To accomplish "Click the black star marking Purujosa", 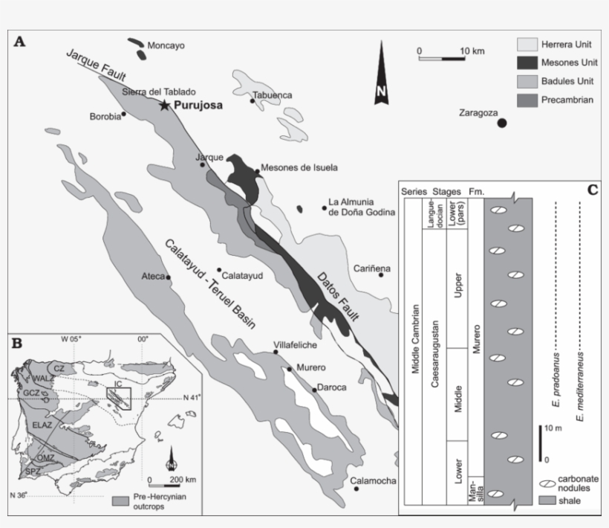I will (x=164, y=106).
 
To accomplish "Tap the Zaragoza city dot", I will (x=502, y=123).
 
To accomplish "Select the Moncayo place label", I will (x=166, y=45).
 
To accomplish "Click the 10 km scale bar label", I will (x=472, y=51).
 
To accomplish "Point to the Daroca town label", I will (x=331, y=387).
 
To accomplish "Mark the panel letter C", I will (x=592, y=190).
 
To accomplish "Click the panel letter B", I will (x=17, y=343).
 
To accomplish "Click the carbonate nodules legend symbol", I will (x=547, y=484).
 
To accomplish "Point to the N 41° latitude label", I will (x=192, y=399).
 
